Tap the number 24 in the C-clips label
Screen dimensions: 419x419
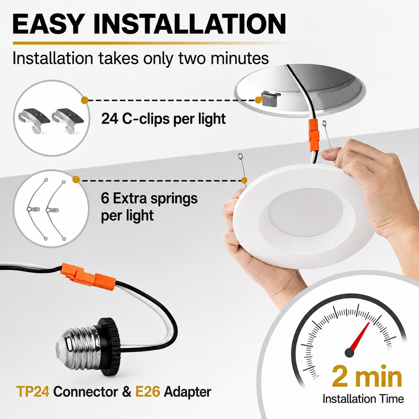pos(110,119)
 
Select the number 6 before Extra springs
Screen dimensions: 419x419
pos(105,198)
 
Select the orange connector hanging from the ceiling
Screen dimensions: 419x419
pos(313,132)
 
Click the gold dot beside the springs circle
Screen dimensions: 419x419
pos(76,179)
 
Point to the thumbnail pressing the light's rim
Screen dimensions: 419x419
pos(326,153)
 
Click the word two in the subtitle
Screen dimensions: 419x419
pos(192,58)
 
